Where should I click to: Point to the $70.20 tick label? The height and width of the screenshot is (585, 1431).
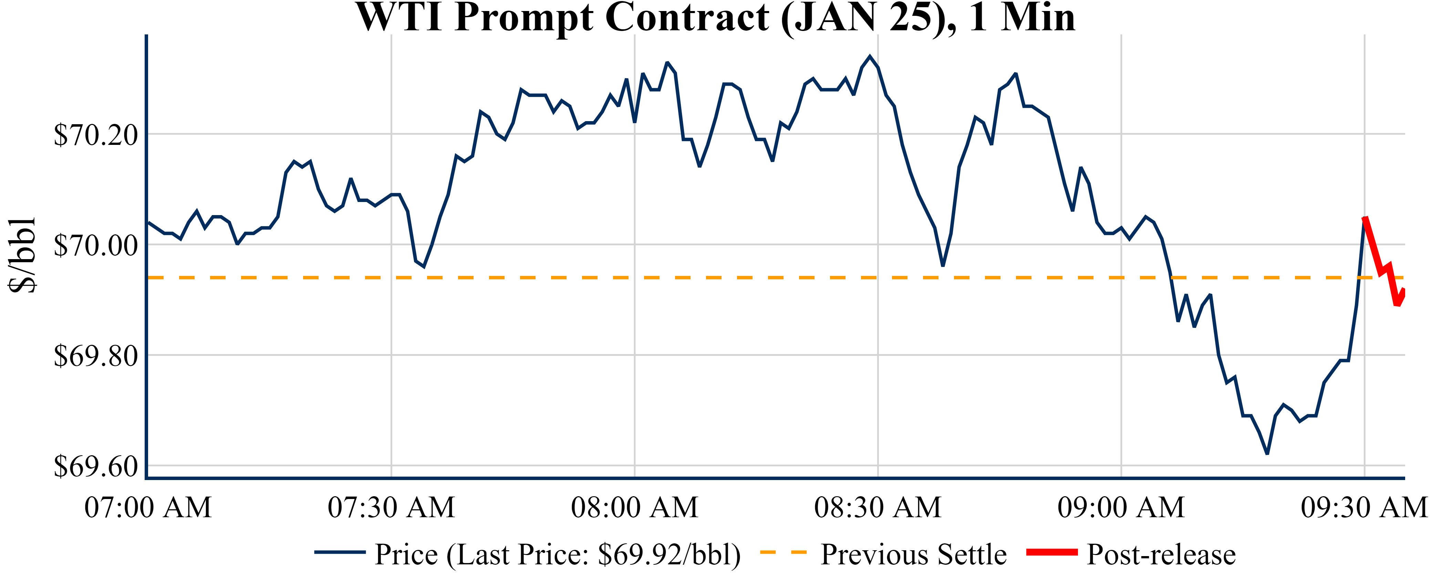click(95, 135)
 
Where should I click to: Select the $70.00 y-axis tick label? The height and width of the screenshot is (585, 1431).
click(95, 245)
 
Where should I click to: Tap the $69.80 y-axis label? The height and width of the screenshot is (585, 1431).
click(95, 356)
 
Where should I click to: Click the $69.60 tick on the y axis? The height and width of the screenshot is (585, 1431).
click(95, 466)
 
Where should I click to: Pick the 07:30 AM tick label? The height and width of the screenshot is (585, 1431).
click(391, 507)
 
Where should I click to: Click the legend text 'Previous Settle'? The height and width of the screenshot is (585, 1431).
click(913, 554)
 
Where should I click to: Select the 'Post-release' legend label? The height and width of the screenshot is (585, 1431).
click(1161, 554)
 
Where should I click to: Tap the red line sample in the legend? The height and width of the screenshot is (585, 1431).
click(1051, 552)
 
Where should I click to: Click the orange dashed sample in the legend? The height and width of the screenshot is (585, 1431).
click(783, 552)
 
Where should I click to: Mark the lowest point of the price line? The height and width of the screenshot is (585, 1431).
click(1267, 454)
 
